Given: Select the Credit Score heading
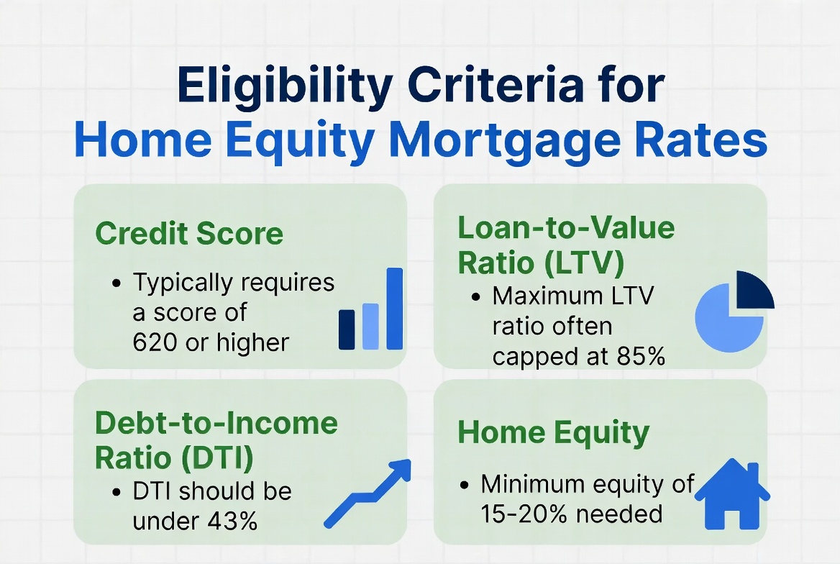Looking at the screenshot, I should pos(189,235).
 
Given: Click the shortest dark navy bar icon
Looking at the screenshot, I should pos(347,329).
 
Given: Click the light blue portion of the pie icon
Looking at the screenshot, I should pos(726,320).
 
